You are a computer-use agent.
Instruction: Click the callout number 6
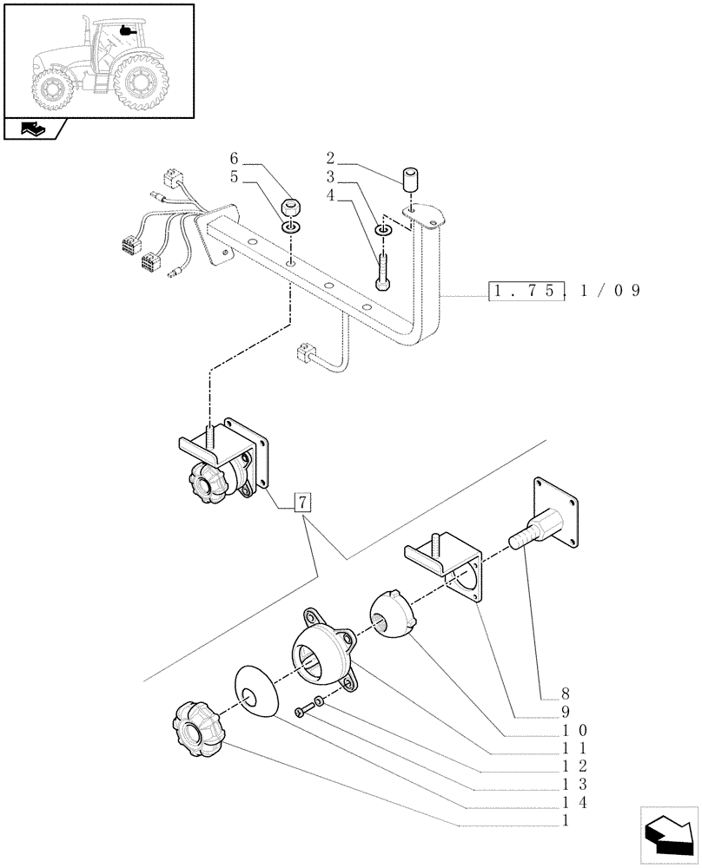[234, 158]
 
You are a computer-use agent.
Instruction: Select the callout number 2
[331, 158]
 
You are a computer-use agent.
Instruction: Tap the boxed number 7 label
[301, 503]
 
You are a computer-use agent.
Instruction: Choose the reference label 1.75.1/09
[564, 291]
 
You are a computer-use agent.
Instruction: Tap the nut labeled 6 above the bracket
[292, 208]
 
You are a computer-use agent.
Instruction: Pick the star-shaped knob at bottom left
[199, 732]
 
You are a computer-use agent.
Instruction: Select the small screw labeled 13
[301, 712]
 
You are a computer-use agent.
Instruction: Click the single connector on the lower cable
[306, 352]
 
